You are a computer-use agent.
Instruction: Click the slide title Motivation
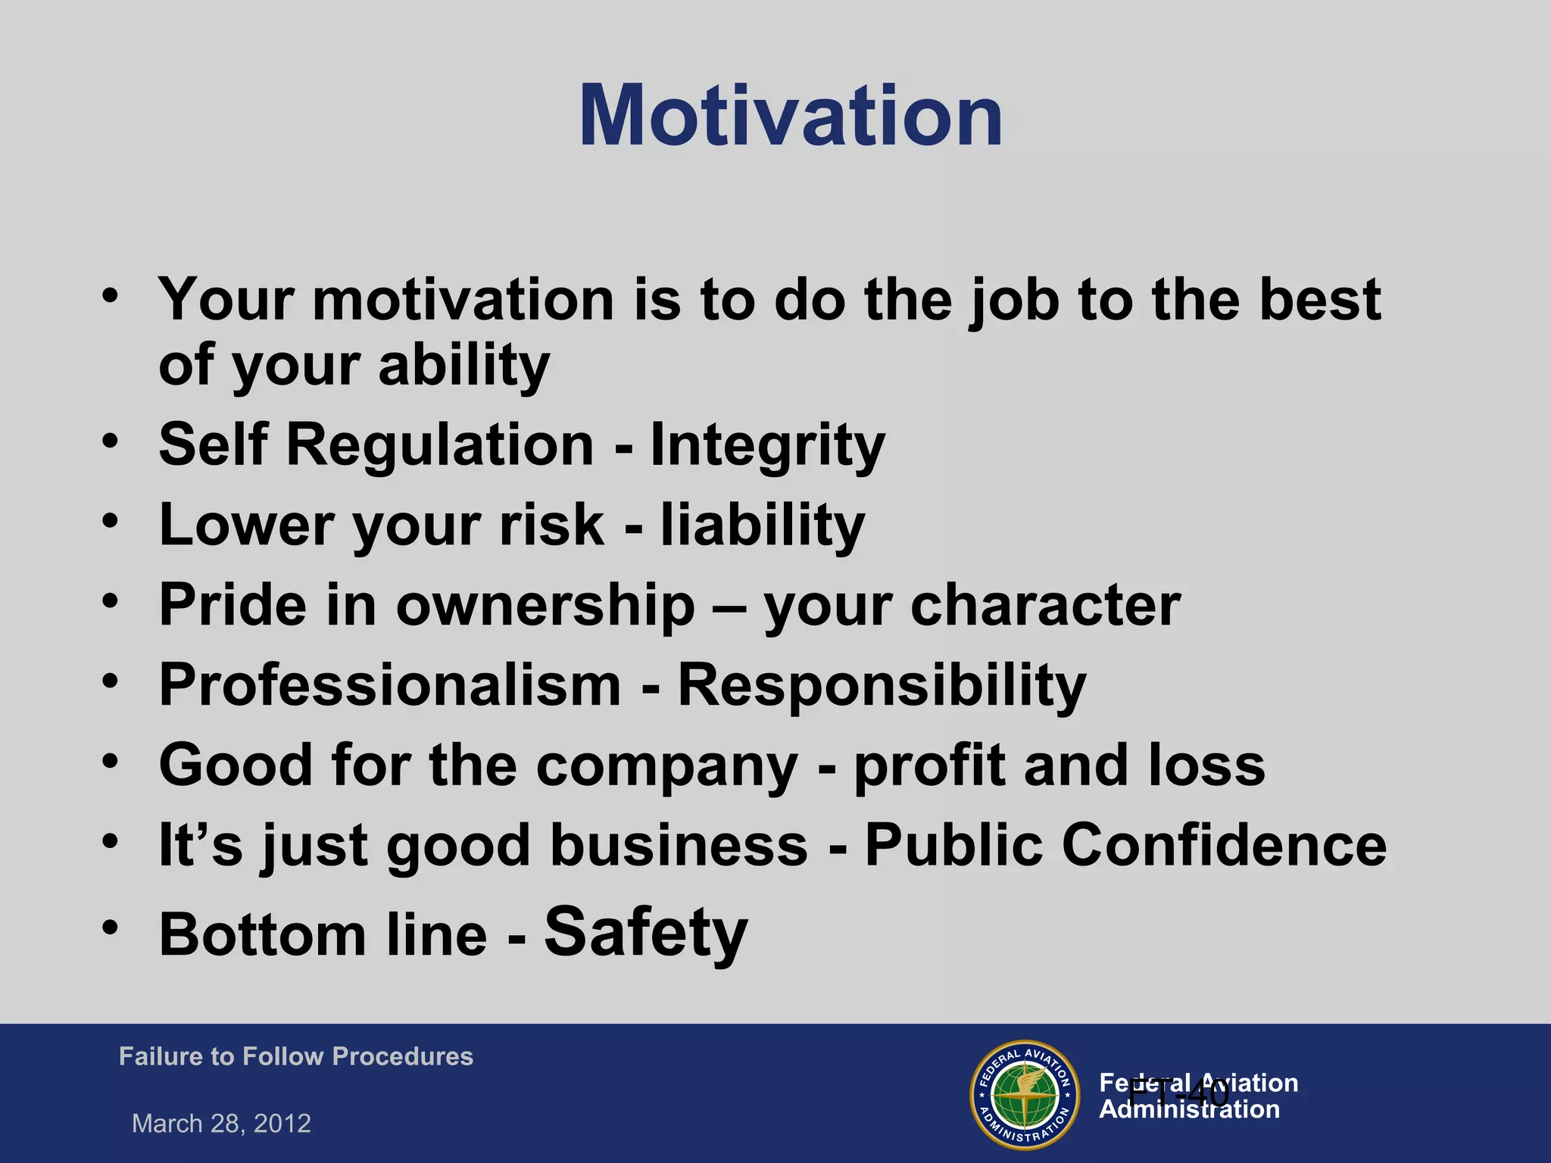point(791,116)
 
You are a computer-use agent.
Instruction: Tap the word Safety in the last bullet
point(645,932)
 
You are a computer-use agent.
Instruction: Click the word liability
point(762,525)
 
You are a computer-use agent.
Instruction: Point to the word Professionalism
point(390,684)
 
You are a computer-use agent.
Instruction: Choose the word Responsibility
point(882,684)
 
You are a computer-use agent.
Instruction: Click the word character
point(1045,605)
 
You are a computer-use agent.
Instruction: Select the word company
point(666,765)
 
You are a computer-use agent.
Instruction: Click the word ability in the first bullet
point(463,366)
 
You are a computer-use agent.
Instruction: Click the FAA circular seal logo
point(1025,1095)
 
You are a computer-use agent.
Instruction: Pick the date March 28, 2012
point(221,1123)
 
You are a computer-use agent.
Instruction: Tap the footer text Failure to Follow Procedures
point(295,1056)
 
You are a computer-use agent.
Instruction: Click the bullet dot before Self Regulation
point(111,440)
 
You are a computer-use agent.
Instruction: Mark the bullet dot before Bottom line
point(111,928)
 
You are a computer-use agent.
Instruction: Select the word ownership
point(545,605)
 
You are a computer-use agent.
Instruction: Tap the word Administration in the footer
point(1189,1110)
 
